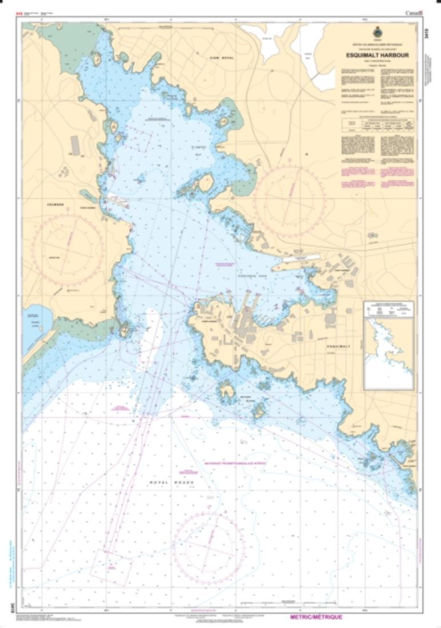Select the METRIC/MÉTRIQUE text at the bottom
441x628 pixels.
coord(317,617)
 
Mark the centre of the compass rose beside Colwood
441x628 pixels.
coord(68,249)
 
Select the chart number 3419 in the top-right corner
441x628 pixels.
coord(427,35)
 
